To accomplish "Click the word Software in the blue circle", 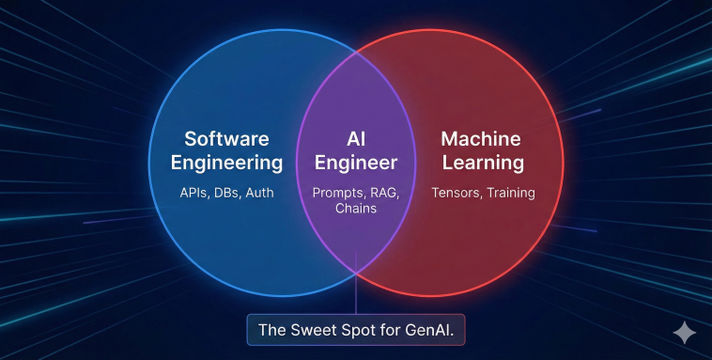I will tap(226, 139).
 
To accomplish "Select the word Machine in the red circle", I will tap(481, 139).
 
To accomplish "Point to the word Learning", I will tap(483, 164).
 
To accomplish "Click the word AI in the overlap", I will tap(356, 139).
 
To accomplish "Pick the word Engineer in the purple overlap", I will tap(356, 164).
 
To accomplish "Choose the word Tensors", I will tap(457, 193).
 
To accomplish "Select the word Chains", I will tap(356, 208).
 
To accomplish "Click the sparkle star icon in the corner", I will tap(685, 332).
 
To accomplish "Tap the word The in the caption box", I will tap(274, 330).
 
